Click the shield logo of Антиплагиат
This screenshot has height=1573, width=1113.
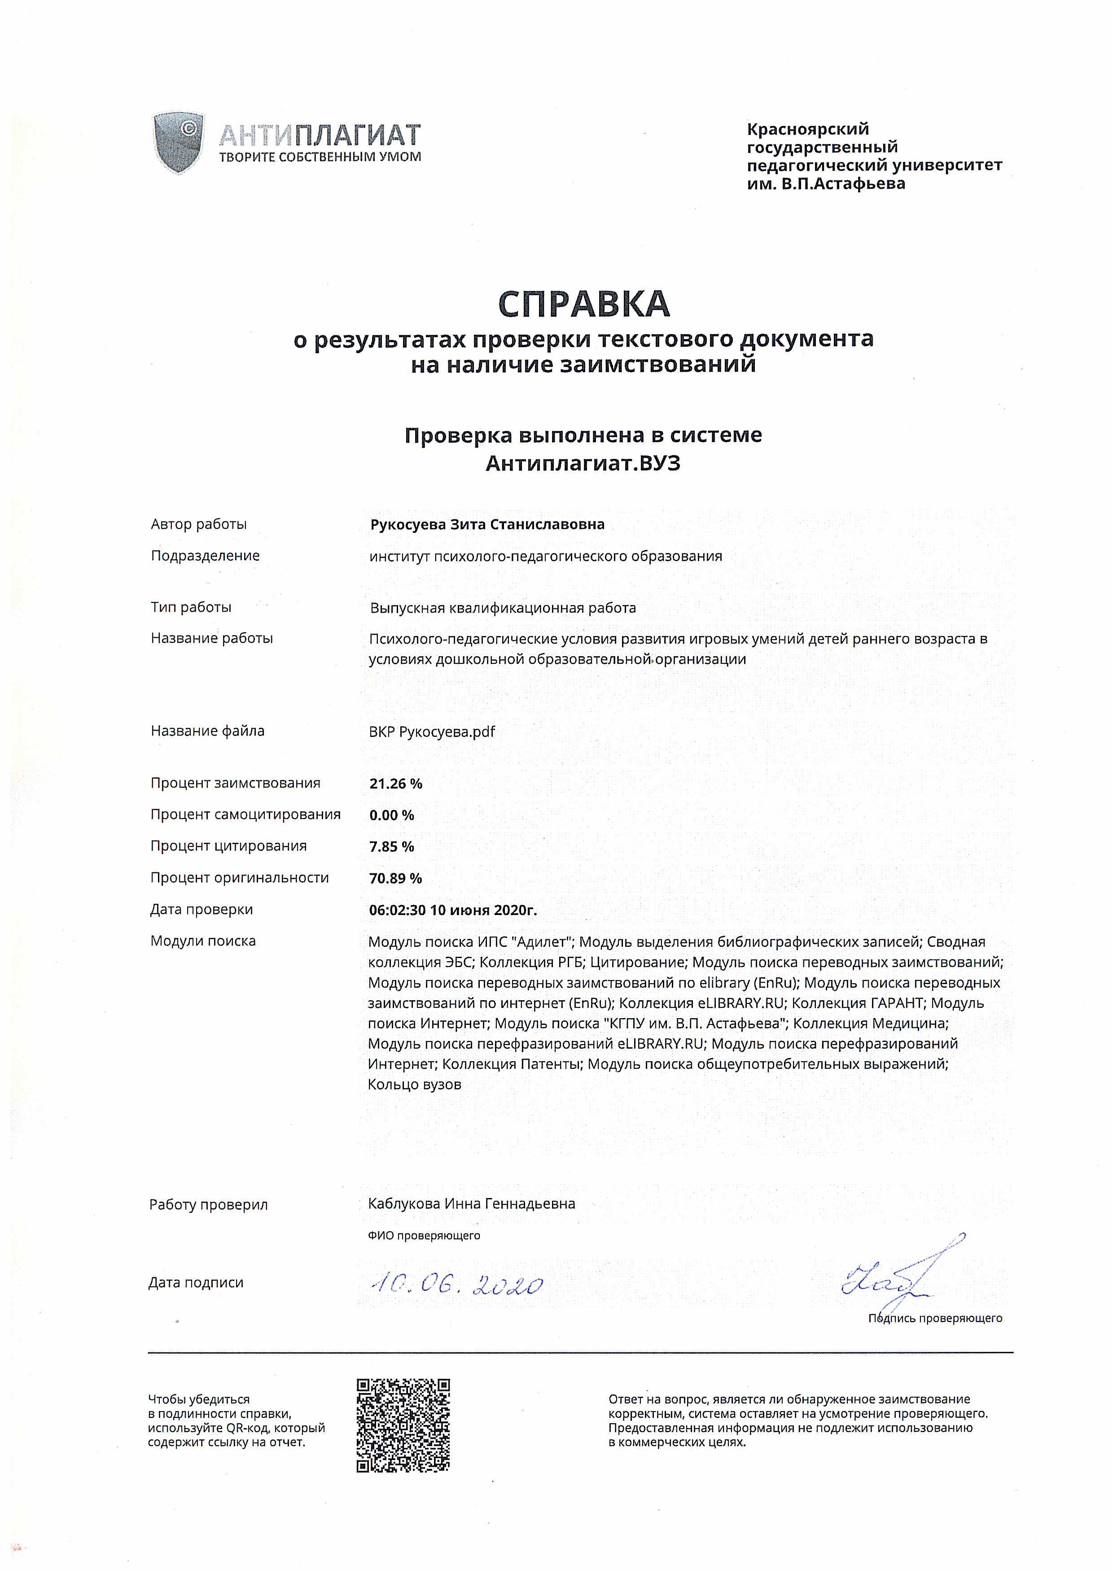click(x=178, y=143)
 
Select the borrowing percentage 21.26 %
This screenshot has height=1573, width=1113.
click(x=395, y=784)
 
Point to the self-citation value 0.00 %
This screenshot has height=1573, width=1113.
click(x=391, y=815)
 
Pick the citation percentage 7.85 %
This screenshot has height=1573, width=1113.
click(x=391, y=847)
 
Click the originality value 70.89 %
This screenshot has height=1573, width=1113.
click(x=395, y=878)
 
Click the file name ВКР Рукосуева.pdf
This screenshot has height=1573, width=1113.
click(x=432, y=732)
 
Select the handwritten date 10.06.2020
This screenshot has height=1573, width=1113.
click(x=456, y=1285)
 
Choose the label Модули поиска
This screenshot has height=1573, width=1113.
click(x=203, y=941)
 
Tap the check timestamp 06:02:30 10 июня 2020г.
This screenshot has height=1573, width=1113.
click(x=453, y=910)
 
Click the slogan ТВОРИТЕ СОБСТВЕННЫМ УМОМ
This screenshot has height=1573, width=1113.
click(x=320, y=157)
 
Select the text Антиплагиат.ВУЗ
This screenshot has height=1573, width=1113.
click(x=583, y=464)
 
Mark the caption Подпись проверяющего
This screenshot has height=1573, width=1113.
click(x=935, y=1318)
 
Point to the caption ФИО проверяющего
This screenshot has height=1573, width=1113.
click(x=424, y=1236)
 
